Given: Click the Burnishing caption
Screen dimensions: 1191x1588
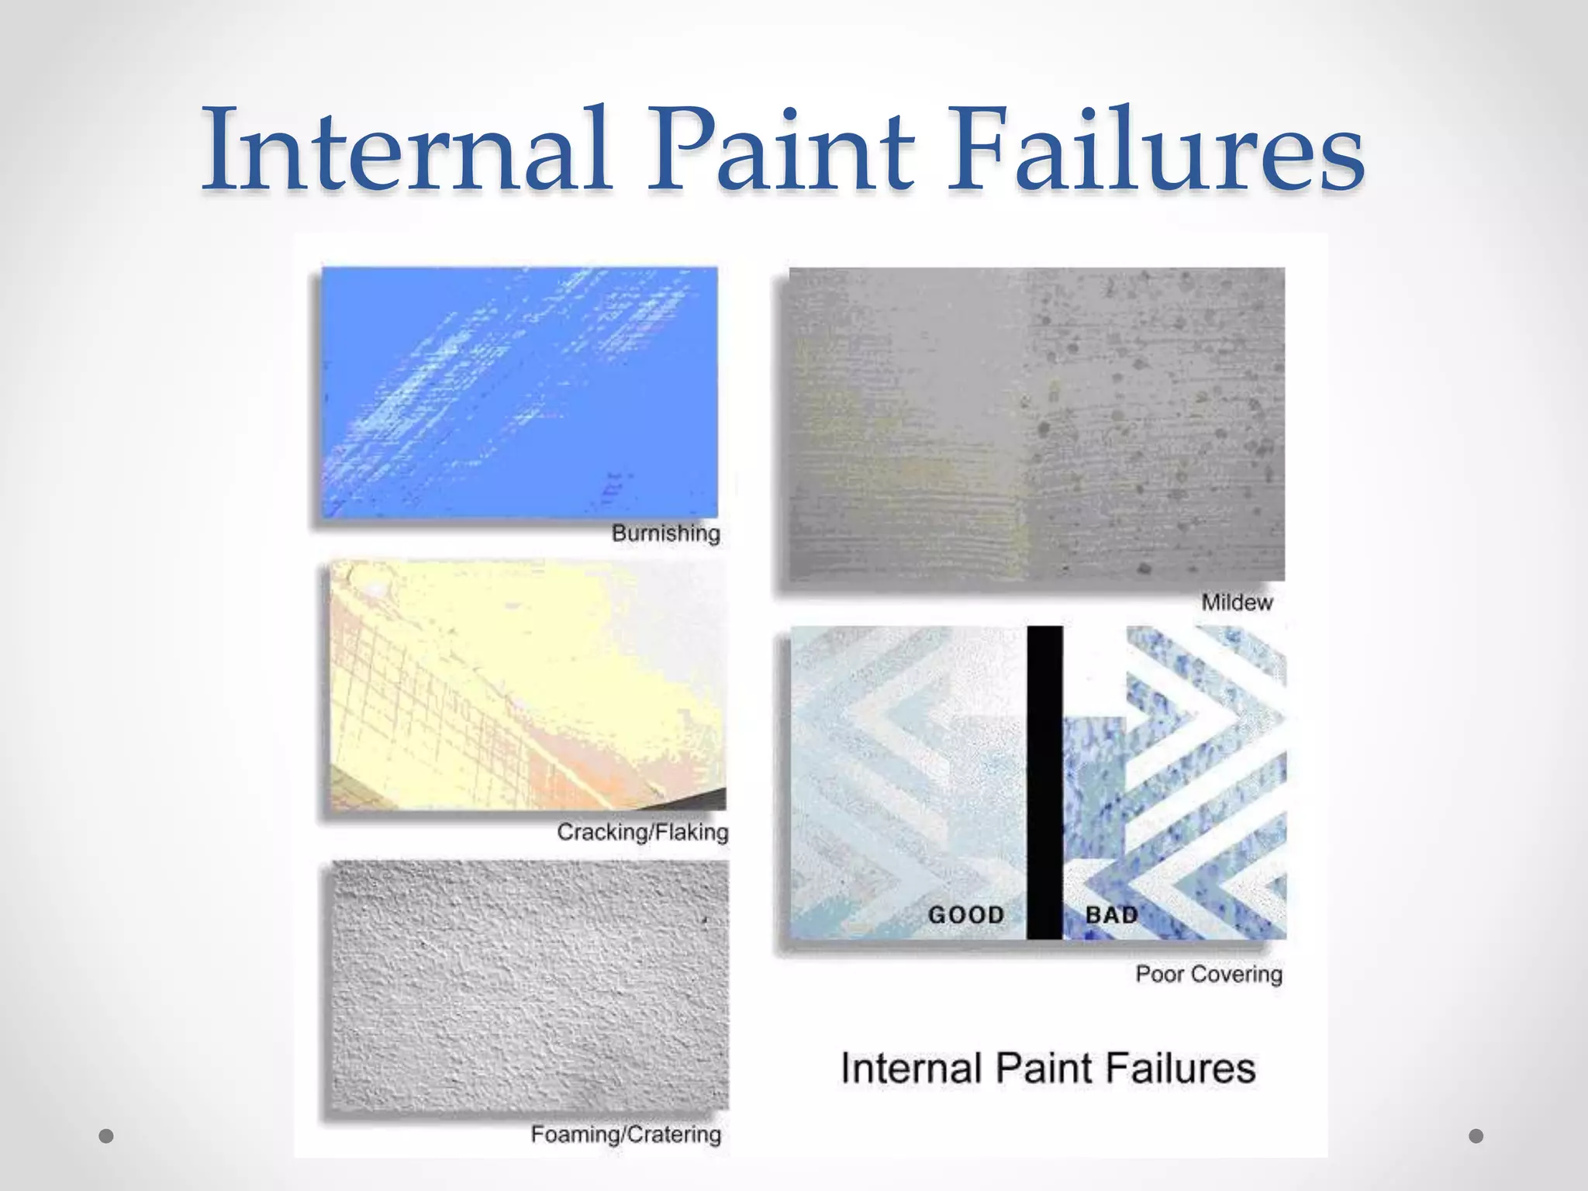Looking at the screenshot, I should (665, 533).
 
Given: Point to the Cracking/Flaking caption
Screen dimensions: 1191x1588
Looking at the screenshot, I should (642, 832).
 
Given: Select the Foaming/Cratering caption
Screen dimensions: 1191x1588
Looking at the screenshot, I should (626, 1134).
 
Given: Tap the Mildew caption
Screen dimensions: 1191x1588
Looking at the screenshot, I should (1237, 602).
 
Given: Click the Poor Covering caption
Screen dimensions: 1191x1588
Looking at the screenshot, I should (1208, 974).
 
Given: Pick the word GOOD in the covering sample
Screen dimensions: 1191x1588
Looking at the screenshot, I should (966, 915).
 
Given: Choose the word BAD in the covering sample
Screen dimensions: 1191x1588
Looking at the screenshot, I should (1111, 915).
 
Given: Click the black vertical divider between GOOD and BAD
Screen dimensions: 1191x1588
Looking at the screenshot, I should (1044, 783).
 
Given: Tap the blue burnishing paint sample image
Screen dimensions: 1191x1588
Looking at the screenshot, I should (520, 392).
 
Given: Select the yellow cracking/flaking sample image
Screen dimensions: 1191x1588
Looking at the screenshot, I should (527, 685).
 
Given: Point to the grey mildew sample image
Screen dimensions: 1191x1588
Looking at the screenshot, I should (1037, 424).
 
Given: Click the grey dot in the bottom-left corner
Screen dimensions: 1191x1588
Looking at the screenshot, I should (107, 1136).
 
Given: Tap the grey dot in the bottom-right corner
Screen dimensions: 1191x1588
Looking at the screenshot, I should (1476, 1136).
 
